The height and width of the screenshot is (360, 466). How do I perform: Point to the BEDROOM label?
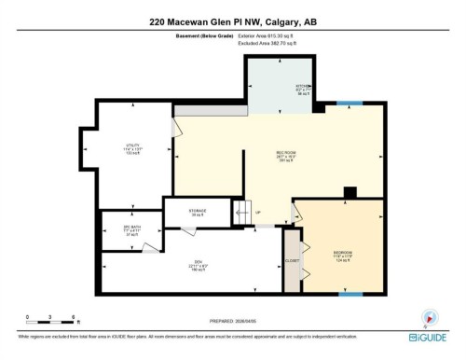click(x=341, y=253)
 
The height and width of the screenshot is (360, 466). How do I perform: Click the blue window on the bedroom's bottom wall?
click(x=349, y=294)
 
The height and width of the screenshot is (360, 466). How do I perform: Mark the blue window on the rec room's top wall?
click(x=349, y=103)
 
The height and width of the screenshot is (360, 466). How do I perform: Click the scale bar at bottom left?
click(x=42, y=320)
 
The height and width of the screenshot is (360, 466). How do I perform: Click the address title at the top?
click(x=233, y=21)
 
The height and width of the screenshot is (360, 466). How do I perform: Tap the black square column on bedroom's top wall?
click(x=349, y=193)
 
